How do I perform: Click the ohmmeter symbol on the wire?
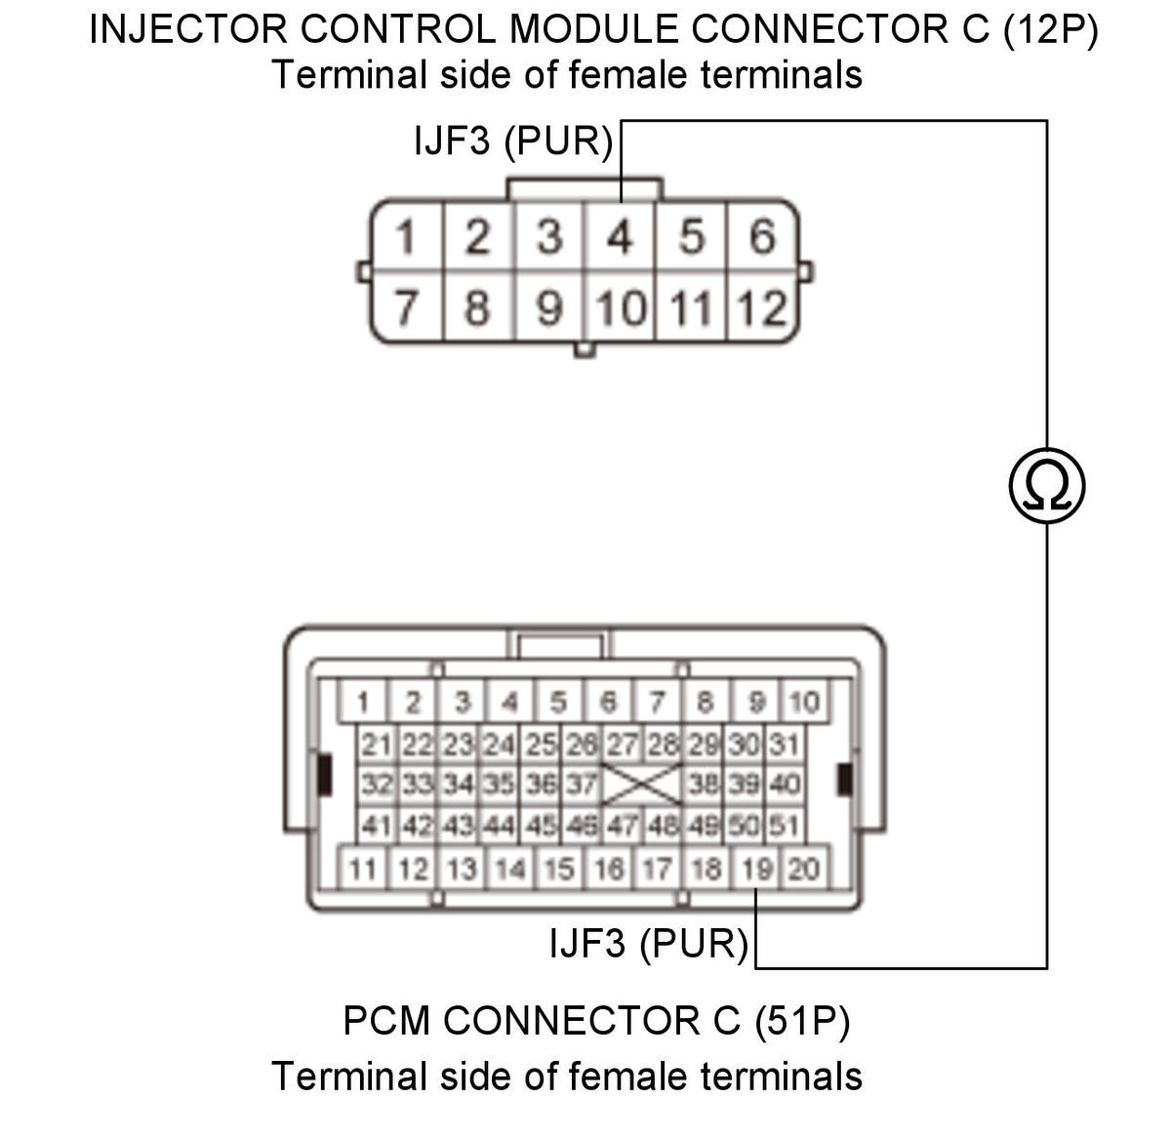(x=1045, y=485)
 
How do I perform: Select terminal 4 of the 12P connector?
(x=620, y=236)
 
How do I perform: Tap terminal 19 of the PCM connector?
(x=756, y=868)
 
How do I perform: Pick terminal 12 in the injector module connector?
(x=762, y=307)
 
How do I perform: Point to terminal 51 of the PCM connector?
(x=784, y=825)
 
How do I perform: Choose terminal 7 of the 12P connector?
(x=406, y=306)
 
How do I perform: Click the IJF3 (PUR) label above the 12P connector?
(x=512, y=141)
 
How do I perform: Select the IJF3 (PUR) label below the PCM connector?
(x=648, y=943)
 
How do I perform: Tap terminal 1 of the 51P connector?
(x=363, y=701)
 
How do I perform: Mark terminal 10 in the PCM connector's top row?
(x=804, y=701)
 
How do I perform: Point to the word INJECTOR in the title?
(x=187, y=29)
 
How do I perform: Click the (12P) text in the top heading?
(x=1050, y=29)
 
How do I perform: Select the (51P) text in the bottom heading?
(x=802, y=1020)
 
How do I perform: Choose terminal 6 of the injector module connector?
(x=762, y=236)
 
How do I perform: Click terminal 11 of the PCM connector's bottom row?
(x=363, y=868)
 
